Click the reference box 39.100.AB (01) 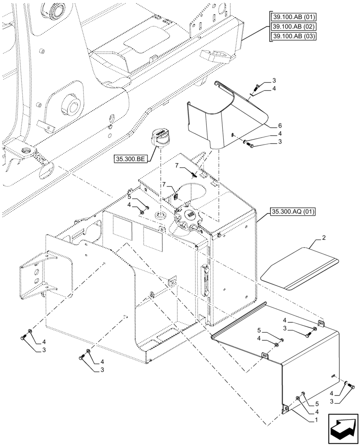293,17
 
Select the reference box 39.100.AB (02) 293,27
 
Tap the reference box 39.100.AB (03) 293,36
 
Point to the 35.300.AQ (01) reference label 292,212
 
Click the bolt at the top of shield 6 255,89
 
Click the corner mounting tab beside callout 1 285,408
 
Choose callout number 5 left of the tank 129,196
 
